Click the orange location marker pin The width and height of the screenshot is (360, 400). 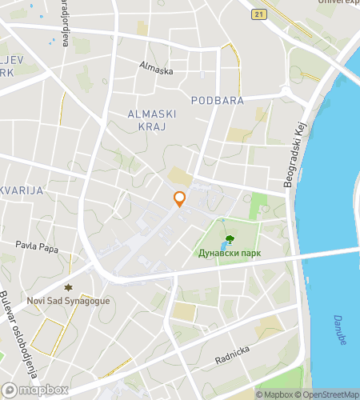(179, 199)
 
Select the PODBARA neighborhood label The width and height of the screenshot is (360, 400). (217, 99)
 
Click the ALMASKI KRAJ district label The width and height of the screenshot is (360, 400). (152, 122)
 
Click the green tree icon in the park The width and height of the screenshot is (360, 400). (230, 239)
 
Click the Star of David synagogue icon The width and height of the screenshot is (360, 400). (67, 287)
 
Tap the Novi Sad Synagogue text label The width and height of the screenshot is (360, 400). (68, 301)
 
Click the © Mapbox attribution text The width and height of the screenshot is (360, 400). (274, 394)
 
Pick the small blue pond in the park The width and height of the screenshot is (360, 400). (222, 221)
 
